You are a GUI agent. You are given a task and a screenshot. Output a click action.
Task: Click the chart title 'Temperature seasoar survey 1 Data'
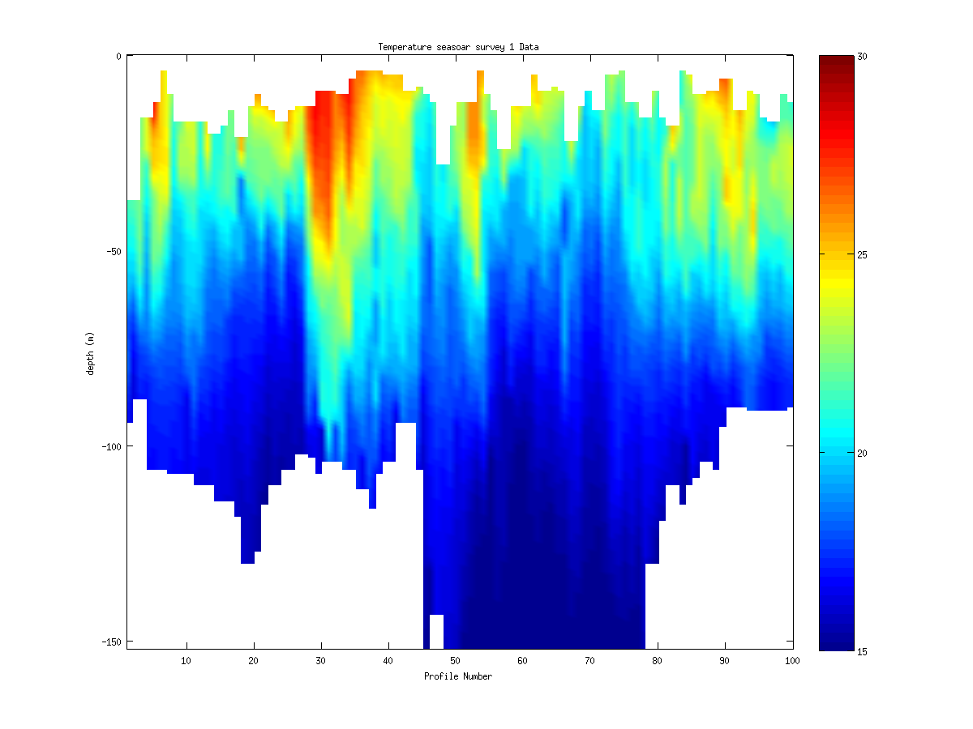coord(458,47)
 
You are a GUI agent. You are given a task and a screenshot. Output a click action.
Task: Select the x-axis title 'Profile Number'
coord(458,676)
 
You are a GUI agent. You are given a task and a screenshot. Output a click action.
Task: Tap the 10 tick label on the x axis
coord(186,661)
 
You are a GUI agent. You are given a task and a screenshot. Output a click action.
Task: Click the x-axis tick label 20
coord(254,661)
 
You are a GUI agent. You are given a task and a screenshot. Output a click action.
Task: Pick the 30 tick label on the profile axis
coord(321,661)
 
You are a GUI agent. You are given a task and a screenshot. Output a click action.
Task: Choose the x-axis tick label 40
coord(388,661)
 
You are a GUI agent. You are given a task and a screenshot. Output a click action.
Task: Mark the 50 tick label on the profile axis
coord(456,661)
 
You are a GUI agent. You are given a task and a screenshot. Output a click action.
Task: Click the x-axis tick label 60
coord(523,661)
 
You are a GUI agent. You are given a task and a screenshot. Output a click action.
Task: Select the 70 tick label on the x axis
coord(590,661)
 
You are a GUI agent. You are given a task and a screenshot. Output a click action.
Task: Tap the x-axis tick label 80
coord(658,661)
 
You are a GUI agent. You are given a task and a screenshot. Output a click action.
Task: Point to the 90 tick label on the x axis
coord(725,661)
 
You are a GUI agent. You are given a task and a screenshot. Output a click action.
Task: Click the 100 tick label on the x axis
coord(792,661)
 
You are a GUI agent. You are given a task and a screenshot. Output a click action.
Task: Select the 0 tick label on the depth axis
coord(118,56)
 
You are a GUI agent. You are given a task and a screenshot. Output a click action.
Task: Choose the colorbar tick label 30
coord(863,56)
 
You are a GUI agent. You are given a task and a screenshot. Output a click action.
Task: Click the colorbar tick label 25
coord(863,254)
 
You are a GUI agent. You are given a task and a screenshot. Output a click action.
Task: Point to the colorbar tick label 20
coord(863,453)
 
